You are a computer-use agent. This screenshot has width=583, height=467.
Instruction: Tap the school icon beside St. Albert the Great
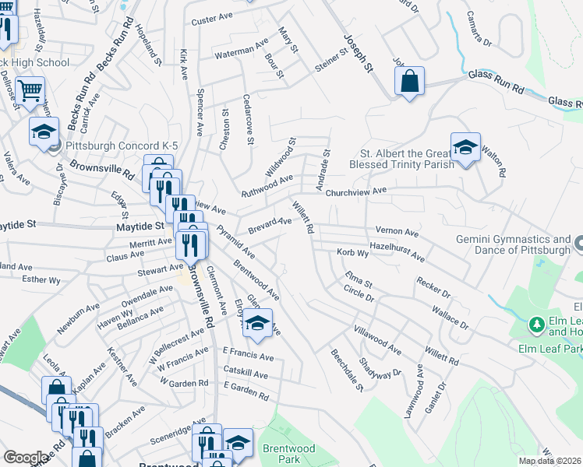[x=465, y=146]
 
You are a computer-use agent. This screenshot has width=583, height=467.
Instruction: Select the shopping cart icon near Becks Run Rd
[x=30, y=90]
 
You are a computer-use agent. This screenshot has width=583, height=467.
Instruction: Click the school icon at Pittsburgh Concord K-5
[x=44, y=131]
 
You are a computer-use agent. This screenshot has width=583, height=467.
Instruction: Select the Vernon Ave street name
[x=397, y=232]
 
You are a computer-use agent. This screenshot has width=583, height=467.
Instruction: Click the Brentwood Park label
[x=289, y=454]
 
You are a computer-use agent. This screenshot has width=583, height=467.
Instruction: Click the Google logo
[x=26, y=458]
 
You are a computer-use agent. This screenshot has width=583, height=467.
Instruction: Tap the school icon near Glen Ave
[x=257, y=323]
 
